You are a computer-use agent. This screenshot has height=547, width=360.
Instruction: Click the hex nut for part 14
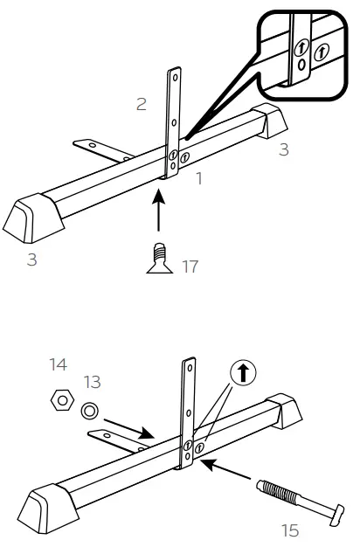[61, 401]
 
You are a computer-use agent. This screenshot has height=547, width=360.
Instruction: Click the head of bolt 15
[330, 515]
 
